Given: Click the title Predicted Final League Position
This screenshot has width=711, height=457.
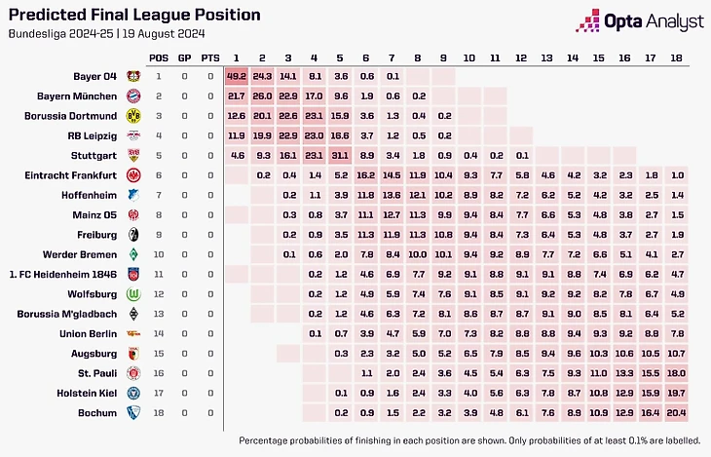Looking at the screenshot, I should tap(134, 15).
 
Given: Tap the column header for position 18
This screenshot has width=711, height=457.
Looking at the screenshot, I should tap(678, 57).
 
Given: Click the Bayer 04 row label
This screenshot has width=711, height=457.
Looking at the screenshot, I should tap(94, 75).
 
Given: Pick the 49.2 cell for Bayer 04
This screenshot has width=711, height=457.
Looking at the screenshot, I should tap(237, 75).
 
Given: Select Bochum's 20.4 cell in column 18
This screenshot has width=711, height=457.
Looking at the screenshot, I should tap(678, 412).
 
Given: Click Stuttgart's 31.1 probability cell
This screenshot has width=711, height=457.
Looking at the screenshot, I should tap(339, 155).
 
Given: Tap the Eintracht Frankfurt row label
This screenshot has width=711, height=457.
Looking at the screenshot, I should tap(73, 175).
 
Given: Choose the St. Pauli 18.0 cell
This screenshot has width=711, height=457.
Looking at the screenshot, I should tap(678, 372).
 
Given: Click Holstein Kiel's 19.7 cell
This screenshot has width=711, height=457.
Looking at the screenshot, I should tap(678, 393).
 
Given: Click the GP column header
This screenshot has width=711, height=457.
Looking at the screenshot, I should tap(184, 57).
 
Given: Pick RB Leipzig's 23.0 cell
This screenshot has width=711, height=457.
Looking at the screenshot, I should tap(314, 135).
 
